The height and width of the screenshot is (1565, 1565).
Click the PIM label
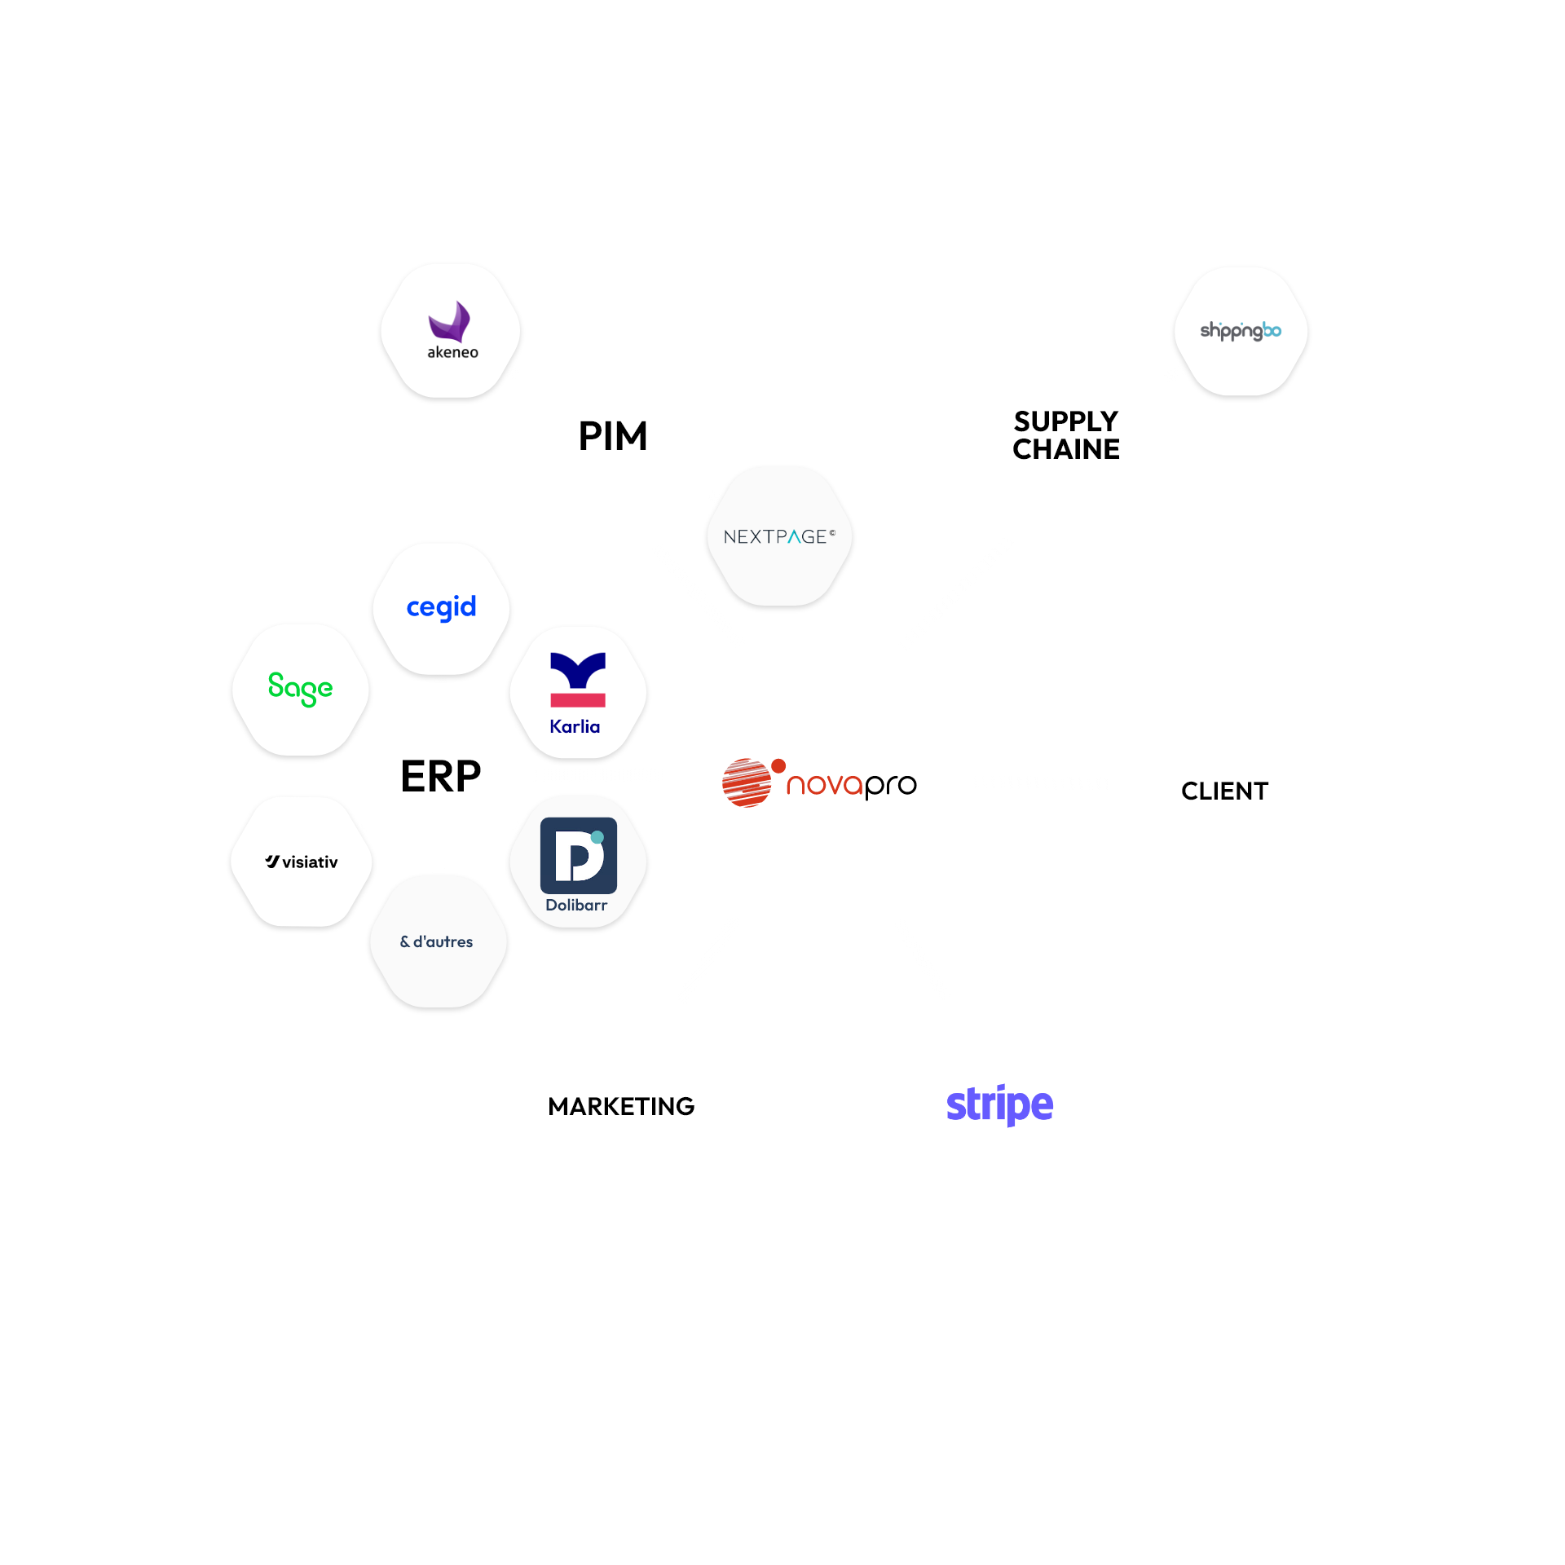coord(613,436)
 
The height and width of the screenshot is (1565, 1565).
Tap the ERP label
coord(441,776)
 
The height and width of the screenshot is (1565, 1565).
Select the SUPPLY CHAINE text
coord(1066,435)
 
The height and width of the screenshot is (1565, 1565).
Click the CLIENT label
coord(1224,791)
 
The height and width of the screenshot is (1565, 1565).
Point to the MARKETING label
coord(621,1106)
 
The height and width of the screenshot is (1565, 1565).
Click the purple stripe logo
coord(999,1104)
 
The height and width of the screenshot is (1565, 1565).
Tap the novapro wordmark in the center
coord(851,785)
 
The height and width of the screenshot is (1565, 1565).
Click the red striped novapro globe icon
coord(747,782)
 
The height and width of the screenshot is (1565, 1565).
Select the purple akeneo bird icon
coord(450,322)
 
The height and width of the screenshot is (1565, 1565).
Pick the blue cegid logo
coord(441,607)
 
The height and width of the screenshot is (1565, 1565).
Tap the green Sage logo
coord(300,689)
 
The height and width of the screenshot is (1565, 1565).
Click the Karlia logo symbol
coord(578,679)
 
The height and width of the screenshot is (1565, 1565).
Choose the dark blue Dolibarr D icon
coord(578,855)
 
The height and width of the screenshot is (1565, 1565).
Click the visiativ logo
coord(302,862)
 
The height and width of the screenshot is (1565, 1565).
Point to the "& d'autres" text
coord(437,941)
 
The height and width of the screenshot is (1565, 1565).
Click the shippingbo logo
coord(1240,331)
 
